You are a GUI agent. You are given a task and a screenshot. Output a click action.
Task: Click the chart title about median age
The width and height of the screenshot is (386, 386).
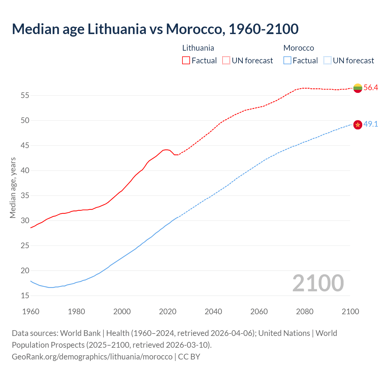click(155, 29)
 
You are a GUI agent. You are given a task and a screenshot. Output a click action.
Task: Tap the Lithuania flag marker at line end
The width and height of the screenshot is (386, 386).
click(358, 88)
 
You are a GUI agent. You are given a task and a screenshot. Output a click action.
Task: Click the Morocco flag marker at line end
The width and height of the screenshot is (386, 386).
click(358, 125)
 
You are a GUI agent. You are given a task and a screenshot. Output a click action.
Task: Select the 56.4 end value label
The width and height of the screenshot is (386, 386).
click(371, 88)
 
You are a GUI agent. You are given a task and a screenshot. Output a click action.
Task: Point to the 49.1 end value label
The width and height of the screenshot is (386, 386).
click(371, 124)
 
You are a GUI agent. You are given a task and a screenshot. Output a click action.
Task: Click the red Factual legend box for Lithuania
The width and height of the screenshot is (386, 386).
click(186, 61)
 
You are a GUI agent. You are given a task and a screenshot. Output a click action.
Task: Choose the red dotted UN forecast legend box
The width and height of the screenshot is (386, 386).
click(226, 61)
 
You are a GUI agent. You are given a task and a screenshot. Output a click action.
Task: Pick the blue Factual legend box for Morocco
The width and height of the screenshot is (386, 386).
click(287, 61)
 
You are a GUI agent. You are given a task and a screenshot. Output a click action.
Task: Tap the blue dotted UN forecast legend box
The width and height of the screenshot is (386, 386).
click(327, 61)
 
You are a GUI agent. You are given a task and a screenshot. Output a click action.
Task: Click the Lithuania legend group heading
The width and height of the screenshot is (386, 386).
click(198, 48)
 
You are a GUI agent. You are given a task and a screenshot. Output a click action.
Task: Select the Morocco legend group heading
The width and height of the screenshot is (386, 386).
click(299, 48)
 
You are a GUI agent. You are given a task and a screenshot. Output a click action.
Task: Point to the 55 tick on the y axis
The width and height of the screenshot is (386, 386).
click(25, 96)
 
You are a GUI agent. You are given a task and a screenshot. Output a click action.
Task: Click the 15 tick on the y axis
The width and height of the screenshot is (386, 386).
click(25, 296)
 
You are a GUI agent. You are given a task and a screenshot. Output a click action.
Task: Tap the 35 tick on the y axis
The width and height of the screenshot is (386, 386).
click(25, 196)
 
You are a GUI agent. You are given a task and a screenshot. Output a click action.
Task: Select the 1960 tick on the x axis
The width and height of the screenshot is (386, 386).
click(31, 312)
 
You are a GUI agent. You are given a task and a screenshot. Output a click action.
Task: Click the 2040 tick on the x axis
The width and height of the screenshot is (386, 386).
click(213, 312)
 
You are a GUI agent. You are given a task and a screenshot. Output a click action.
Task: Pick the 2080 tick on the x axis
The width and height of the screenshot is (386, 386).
click(305, 312)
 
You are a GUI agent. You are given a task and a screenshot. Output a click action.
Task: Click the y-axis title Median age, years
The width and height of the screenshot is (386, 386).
click(13, 188)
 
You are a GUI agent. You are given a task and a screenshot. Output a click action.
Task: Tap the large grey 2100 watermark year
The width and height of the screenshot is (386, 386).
click(318, 283)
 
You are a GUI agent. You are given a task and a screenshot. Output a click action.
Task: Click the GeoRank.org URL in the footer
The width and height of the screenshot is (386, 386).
click(92, 357)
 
